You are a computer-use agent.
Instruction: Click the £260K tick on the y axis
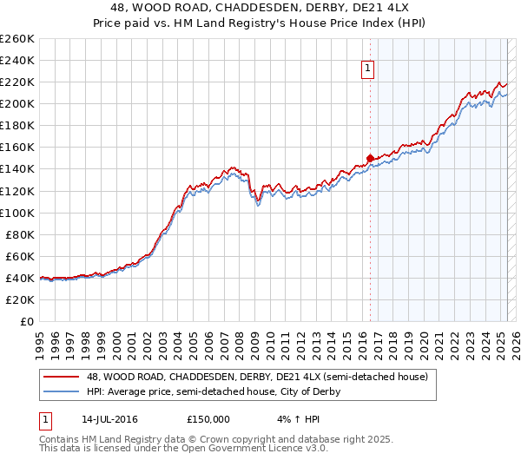(x=17, y=39)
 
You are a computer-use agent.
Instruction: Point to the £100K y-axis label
(x=17, y=213)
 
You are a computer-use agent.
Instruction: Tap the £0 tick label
(x=27, y=321)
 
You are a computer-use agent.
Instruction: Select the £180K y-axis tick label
(x=17, y=125)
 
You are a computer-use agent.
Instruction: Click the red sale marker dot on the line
(x=370, y=158)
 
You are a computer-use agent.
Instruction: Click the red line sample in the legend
(x=61, y=378)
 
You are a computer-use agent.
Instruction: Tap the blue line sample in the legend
(x=61, y=392)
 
